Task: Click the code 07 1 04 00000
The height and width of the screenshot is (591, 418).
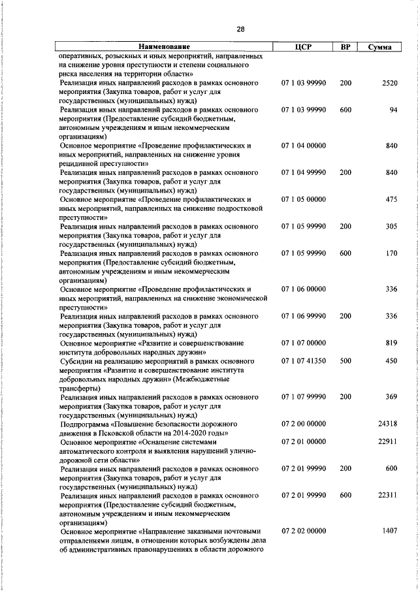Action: pyautogui.click(x=304, y=146)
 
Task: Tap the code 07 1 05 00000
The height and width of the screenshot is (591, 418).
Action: pyautogui.click(x=304, y=199)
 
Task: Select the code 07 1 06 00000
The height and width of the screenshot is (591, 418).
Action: pyautogui.click(x=304, y=288)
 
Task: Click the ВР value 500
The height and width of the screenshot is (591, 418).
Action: pyautogui.click(x=346, y=360)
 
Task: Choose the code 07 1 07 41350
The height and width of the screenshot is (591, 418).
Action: pyautogui.click(x=304, y=360)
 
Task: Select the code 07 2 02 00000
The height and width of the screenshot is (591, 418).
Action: pyautogui.click(x=304, y=531)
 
